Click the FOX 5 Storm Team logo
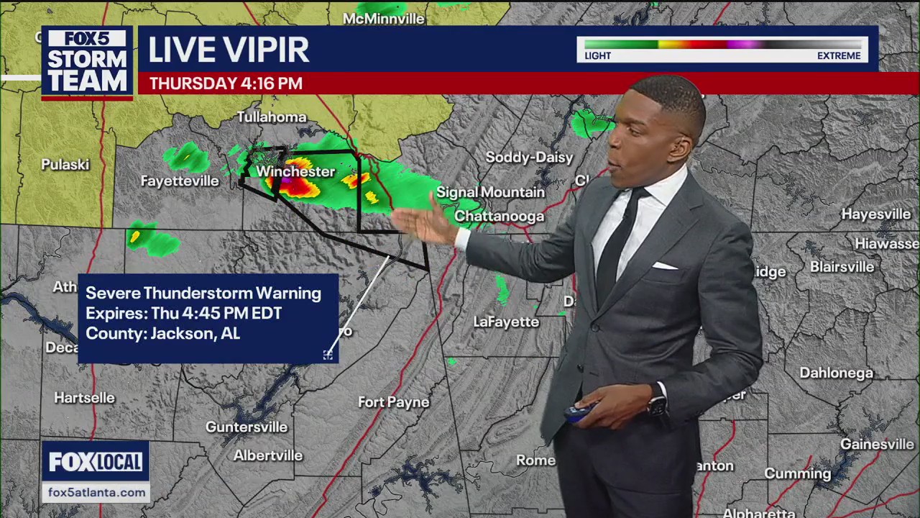(x=87, y=63)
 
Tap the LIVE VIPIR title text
(x=229, y=50)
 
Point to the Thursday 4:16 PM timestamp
(x=226, y=83)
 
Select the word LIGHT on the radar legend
(x=598, y=55)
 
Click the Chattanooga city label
(x=499, y=216)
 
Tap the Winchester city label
(x=295, y=171)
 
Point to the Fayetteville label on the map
(x=180, y=181)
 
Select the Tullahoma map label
(x=272, y=117)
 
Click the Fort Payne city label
(x=394, y=402)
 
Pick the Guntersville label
(x=247, y=427)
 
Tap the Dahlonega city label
(x=836, y=373)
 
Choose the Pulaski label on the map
(x=65, y=165)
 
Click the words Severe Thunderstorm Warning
(x=203, y=293)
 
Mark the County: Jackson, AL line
(x=162, y=334)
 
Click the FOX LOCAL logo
(x=96, y=462)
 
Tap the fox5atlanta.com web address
(x=96, y=492)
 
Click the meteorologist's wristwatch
(x=656, y=406)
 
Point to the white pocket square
(x=663, y=265)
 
